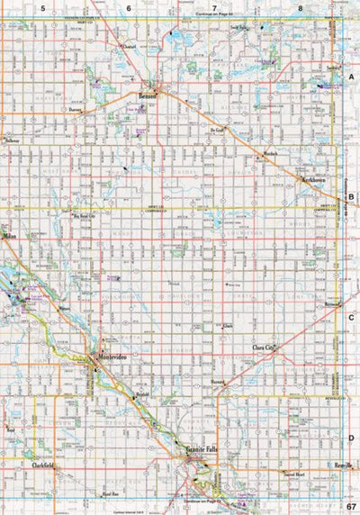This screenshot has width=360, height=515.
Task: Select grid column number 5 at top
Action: (41, 7)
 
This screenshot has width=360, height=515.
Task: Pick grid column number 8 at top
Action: (300, 7)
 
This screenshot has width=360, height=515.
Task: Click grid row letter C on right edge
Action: (351, 317)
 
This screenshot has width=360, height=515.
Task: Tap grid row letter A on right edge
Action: (351, 78)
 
